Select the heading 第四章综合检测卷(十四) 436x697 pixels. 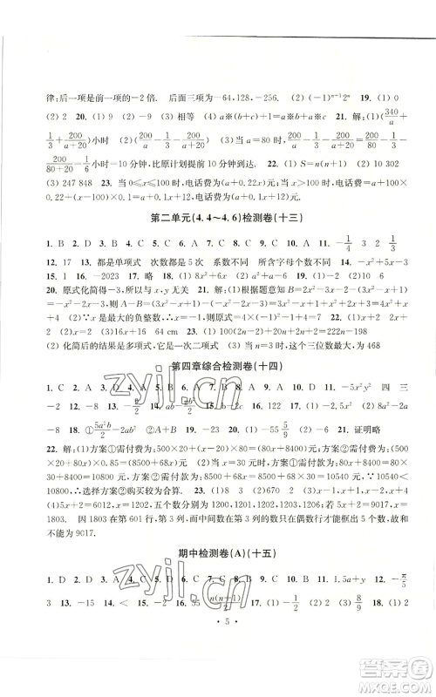click(x=218, y=365)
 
